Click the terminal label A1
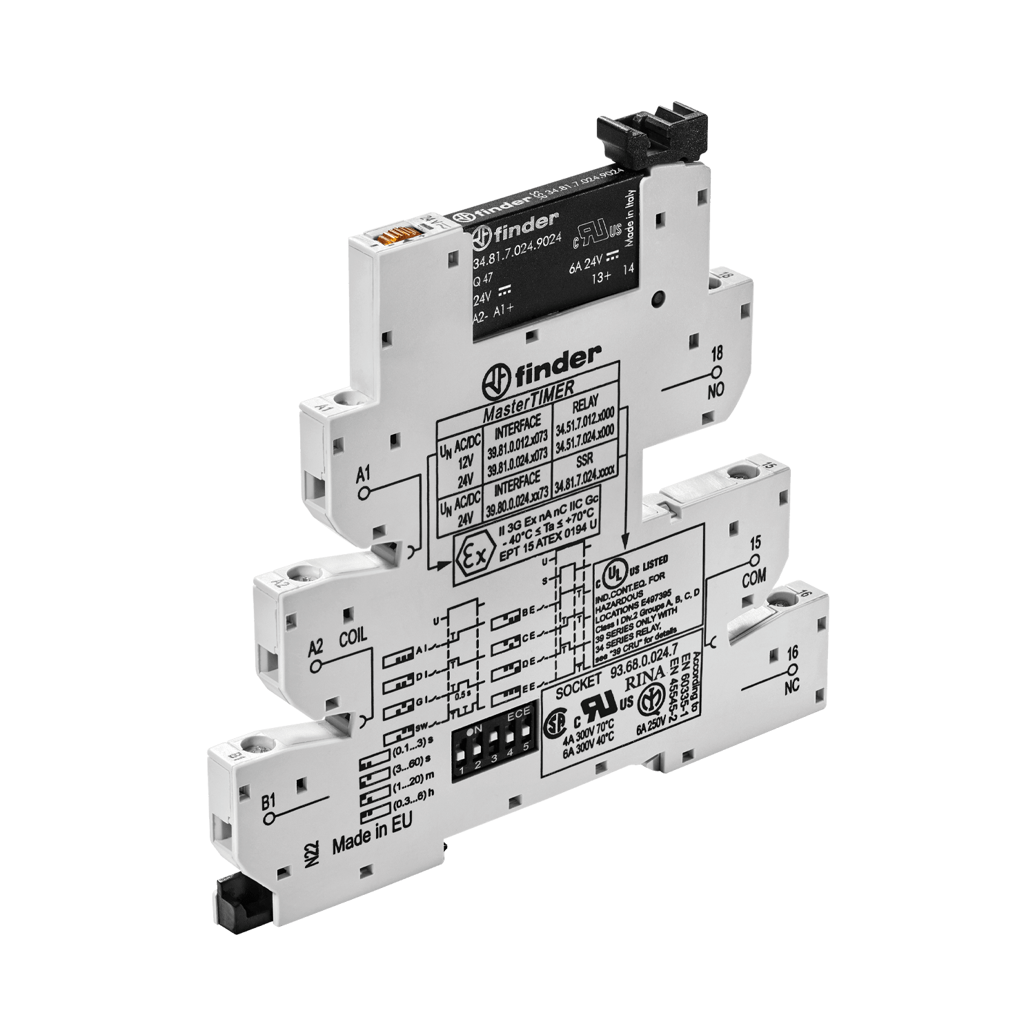point(364,475)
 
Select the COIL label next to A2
point(353,636)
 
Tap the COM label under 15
point(753,580)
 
